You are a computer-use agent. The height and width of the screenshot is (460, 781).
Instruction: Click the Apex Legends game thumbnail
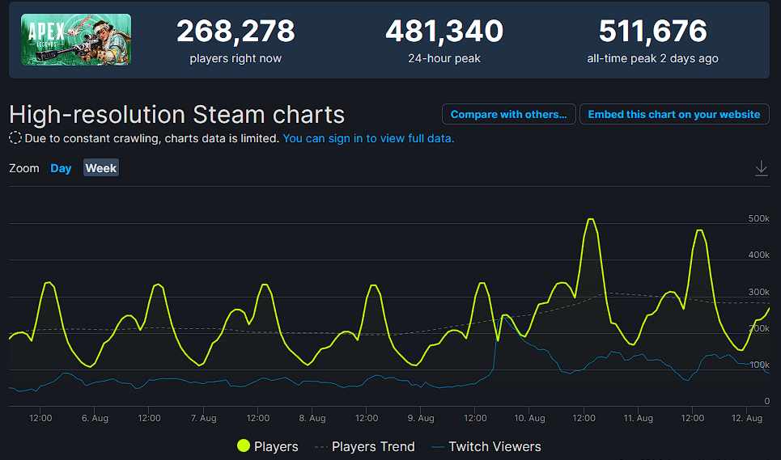pos(76,40)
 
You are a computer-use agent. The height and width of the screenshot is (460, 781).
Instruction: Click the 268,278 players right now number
pos(236,32)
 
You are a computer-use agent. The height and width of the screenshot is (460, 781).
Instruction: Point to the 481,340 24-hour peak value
pos(444,32)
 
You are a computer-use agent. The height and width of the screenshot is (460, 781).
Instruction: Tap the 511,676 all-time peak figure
pos(652,32)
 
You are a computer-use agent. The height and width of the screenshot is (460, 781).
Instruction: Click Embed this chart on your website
pos(674,114)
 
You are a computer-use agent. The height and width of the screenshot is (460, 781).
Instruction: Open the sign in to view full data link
pos(368,138)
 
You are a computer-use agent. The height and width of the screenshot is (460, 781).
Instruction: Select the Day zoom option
pos(61,168)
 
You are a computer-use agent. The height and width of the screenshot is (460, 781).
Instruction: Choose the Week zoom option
pos(101,168)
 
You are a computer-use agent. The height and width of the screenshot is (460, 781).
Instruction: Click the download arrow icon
pos(761,167)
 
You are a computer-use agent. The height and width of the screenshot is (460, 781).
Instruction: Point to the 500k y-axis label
pos(758,218)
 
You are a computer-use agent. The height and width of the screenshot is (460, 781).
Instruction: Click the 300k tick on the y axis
pos(758,292)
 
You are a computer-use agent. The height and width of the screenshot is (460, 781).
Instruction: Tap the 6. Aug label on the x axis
pos(95,418)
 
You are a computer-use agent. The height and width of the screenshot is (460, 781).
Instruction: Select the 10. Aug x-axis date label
pos(529,418)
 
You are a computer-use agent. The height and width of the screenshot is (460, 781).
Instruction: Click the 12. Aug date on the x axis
pos(747,418)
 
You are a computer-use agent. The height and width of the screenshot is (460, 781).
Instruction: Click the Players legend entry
pos(267,446)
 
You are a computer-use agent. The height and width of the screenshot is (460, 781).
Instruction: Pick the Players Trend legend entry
pos(364,446)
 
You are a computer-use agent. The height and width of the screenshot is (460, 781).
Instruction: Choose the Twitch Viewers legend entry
pos(486,446)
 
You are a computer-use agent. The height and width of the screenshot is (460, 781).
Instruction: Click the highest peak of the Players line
pos(590,219)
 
